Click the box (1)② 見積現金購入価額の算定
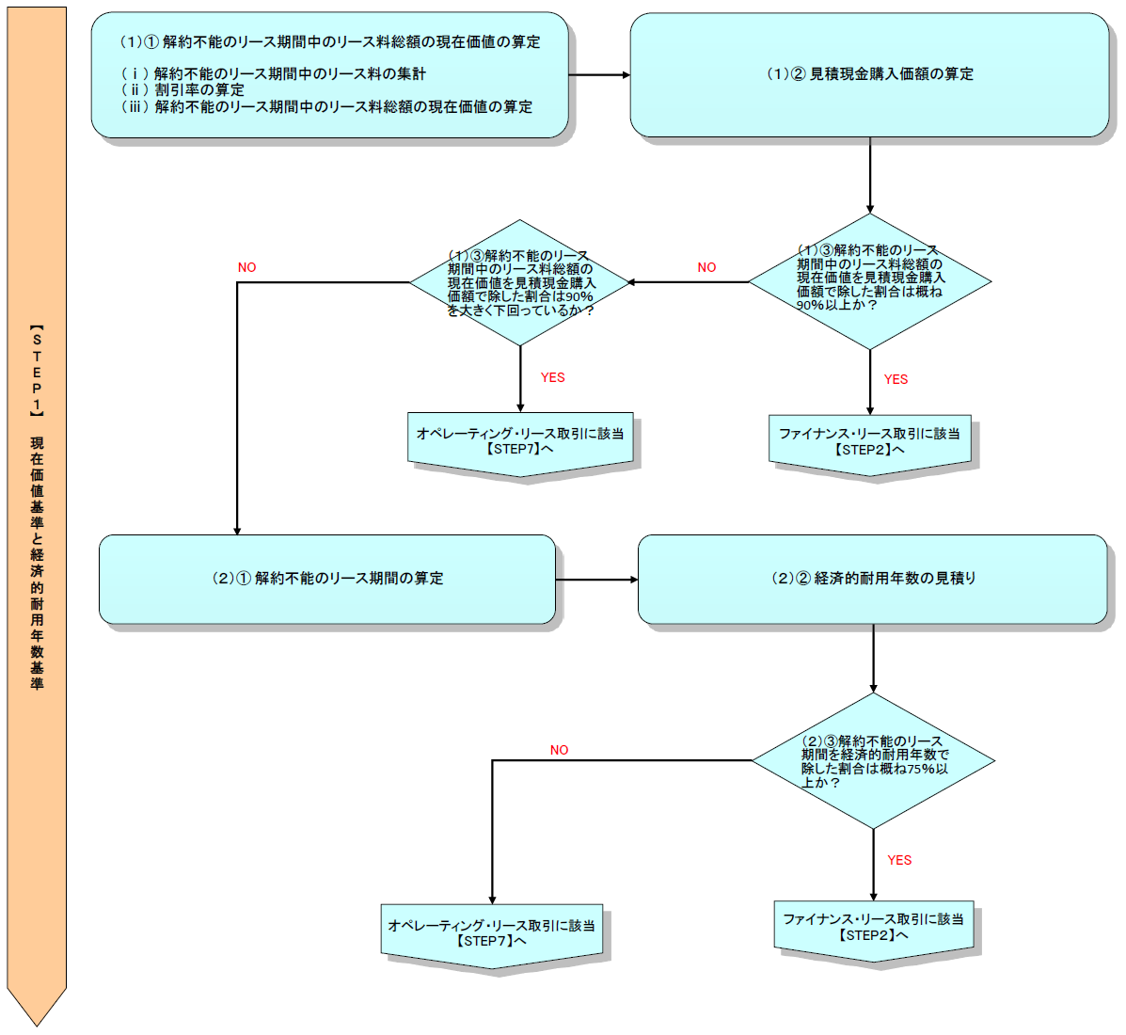coord(869,74)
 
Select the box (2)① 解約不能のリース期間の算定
coord(327,579)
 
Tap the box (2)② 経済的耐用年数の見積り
coord(873,579)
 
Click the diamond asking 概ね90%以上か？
coord(870,280)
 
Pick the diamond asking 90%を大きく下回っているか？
coord(520,282)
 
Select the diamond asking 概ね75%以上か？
coord(874,761)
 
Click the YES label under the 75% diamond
coord(899,860)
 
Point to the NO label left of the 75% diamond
coord(559,750)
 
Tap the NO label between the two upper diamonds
coord(706,267)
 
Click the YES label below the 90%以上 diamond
coord(896,379)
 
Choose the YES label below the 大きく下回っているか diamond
coord(552,377)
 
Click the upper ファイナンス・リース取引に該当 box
coord(869,441)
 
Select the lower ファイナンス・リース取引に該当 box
coord(873,927)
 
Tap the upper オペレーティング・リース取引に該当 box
coord(520,441)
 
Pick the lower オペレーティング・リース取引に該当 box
coord(492,932)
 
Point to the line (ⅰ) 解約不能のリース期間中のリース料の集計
coord(274,73)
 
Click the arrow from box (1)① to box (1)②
coord(599,74)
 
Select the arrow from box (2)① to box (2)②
coord(596,580)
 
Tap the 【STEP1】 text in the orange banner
coord(37,372)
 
